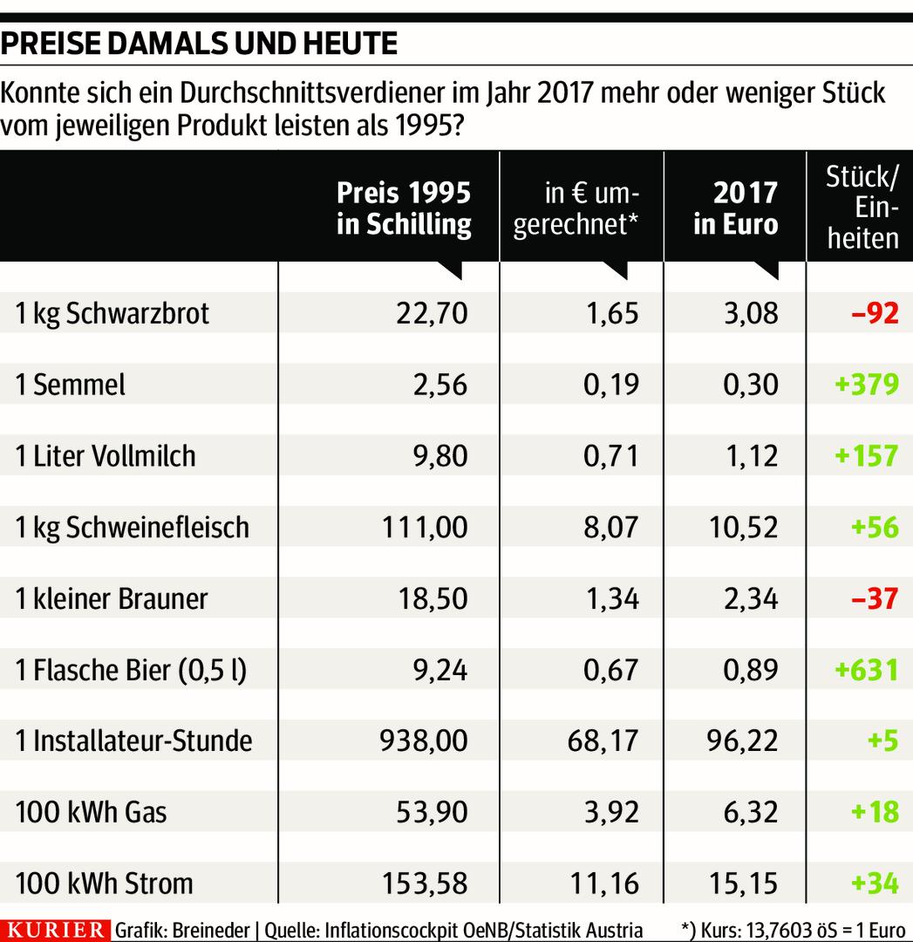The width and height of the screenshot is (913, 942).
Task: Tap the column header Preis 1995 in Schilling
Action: click(x=403, y=208)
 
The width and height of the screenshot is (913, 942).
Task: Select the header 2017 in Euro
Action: click(x=735, y=208)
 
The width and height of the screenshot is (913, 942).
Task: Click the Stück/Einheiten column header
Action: click(x=862, y=208)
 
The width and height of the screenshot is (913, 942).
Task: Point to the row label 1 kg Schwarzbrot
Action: click(x=112, y=313)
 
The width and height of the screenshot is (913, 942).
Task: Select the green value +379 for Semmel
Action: click(x=866, y=384)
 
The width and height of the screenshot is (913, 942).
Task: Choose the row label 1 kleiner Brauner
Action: click(x=112, y=598)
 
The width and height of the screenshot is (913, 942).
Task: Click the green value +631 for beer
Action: click(x=866, y=670)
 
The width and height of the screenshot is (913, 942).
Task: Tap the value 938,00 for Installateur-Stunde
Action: click(x=424, y=741)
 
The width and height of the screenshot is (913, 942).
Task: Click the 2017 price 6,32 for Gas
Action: click(x=751, y=813)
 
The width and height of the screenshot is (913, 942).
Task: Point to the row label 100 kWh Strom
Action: click(x=104, y=884)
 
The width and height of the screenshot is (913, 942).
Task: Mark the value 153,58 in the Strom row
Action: click(x=424, y=884)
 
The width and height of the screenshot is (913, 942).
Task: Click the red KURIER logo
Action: click(x=56, y=930)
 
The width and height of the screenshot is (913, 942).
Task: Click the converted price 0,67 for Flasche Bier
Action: click(x=612, y=670)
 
